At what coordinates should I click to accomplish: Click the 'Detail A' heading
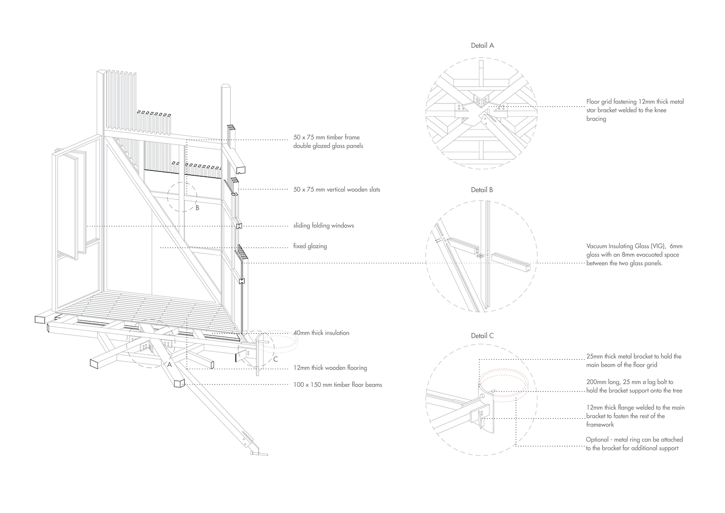tap(482, 45)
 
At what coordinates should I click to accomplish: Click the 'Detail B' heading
tap(482, 190)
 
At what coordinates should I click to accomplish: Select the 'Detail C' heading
tap(482, 336)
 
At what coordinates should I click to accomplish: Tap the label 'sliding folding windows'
tap(324, 226)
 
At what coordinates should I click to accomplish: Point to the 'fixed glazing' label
tap(310, 246)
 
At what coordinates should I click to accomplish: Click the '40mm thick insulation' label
tap(321, 333)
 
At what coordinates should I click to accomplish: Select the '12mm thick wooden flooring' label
tap(330, 368)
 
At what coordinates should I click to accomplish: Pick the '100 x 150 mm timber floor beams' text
tap(337, 385)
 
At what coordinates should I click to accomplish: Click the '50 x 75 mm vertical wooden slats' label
tap(336, 190)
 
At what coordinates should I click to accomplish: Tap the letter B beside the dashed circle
tap(197, 208)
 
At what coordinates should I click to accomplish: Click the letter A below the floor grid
tap(169, 365)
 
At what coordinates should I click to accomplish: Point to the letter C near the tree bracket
tap(275, 359)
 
